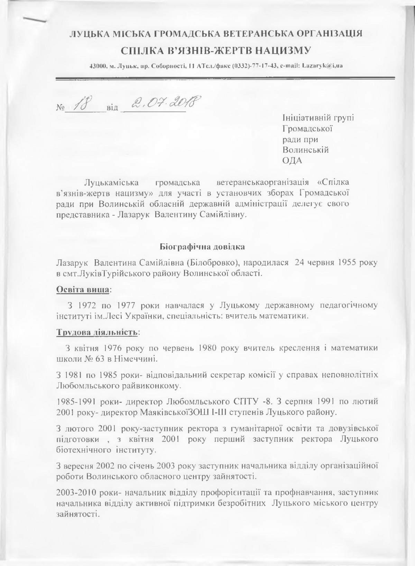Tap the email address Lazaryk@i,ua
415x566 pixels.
(322, 65)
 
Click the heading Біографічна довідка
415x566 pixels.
(203, 247)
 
